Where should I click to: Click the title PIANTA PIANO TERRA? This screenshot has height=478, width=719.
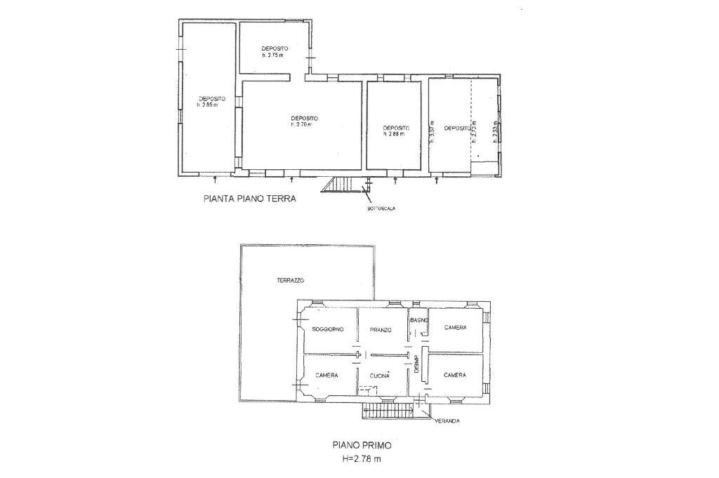pyautogui.click(x=250, y=199)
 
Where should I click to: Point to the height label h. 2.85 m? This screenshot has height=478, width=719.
pyautogui.click(x=208, y=105)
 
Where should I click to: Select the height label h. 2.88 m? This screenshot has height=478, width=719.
pyautogui.click(x=395, y=134)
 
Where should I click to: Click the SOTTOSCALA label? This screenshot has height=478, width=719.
pyautogui.click(x=376, y=209)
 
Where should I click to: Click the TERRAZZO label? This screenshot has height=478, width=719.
pyautogui.click(x=289, y=280)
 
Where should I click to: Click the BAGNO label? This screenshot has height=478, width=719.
pyautogui.click(x=419, y=320)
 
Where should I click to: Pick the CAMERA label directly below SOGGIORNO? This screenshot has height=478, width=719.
pyautogui.click(x=326, y=376)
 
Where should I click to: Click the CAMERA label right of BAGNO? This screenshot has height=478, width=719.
pyautogui.click(x=456, y=327)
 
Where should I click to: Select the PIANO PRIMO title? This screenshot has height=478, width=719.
pyautogui.click(x=362, y=445)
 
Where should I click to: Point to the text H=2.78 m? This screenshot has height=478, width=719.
pyautogui.click(x=362, y=459)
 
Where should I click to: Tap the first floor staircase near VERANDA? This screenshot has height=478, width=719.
pyautogui.click(x=386, y=411)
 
